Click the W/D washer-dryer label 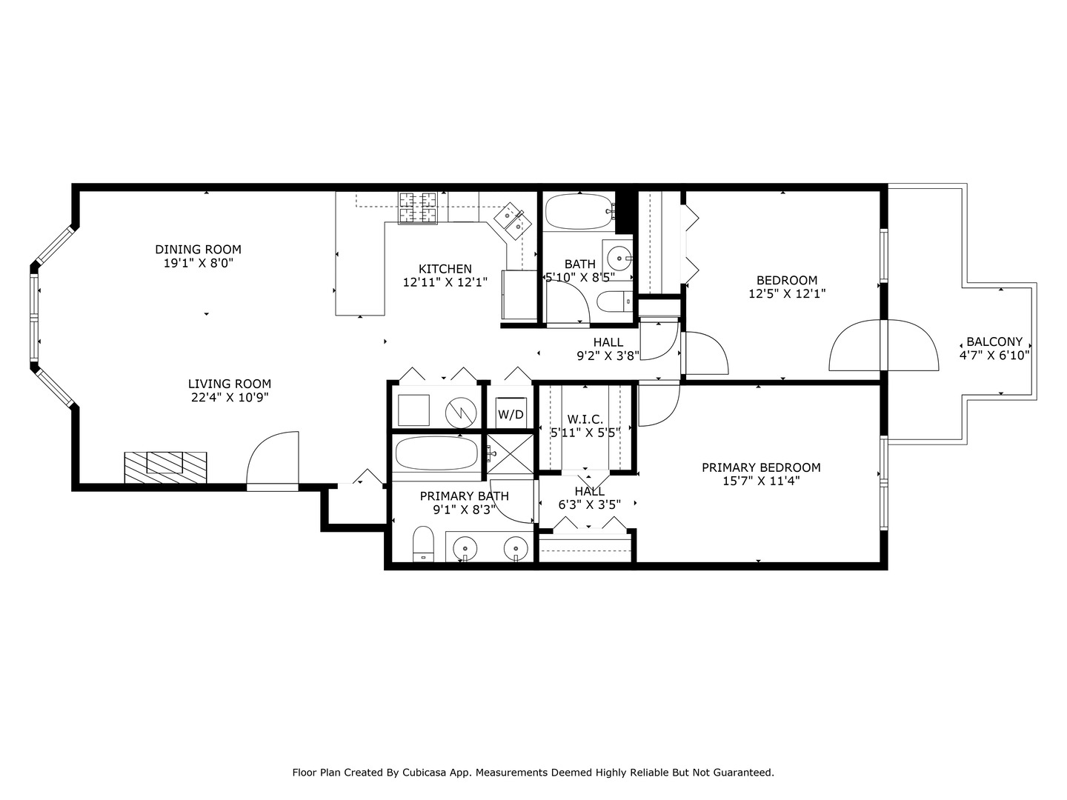click(x=511, y=415)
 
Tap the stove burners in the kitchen click(x=419, y=207)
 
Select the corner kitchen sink click(x=512, y=221)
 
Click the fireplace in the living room click(x=165, y=467)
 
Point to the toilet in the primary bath click(x=422, y=544)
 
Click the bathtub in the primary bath click(x=436, y=453)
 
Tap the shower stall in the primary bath click(x=510, y=453)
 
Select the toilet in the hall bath click(x=613, y=301)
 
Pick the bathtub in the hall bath click(x=578, y=212)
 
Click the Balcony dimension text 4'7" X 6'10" click(x=994, y=355)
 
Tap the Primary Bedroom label click(x=761, y=467)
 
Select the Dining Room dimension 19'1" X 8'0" click(x=198, y=263)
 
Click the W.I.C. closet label click(x=585, y=419)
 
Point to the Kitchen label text click(x=445, y=269)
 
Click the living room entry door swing click(x=272, y=459)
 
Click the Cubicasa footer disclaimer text click(x=533, y=773)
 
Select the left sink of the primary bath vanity click(x=465, y=549)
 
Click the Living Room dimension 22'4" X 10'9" click(x=229, y=398)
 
